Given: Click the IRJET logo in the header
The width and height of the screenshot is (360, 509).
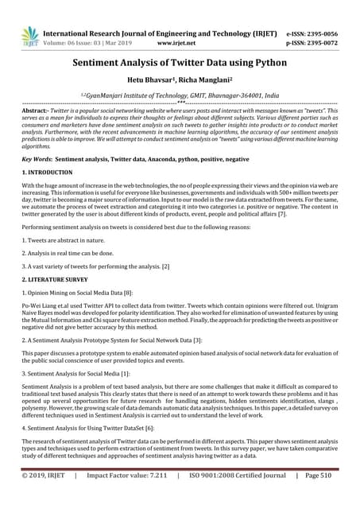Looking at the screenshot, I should click(x=30, y=37).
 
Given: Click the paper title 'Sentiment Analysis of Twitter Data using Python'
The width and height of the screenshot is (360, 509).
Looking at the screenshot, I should click(x=180, y=69).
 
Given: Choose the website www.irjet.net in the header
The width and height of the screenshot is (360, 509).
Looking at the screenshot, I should click(x=177, y=45).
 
